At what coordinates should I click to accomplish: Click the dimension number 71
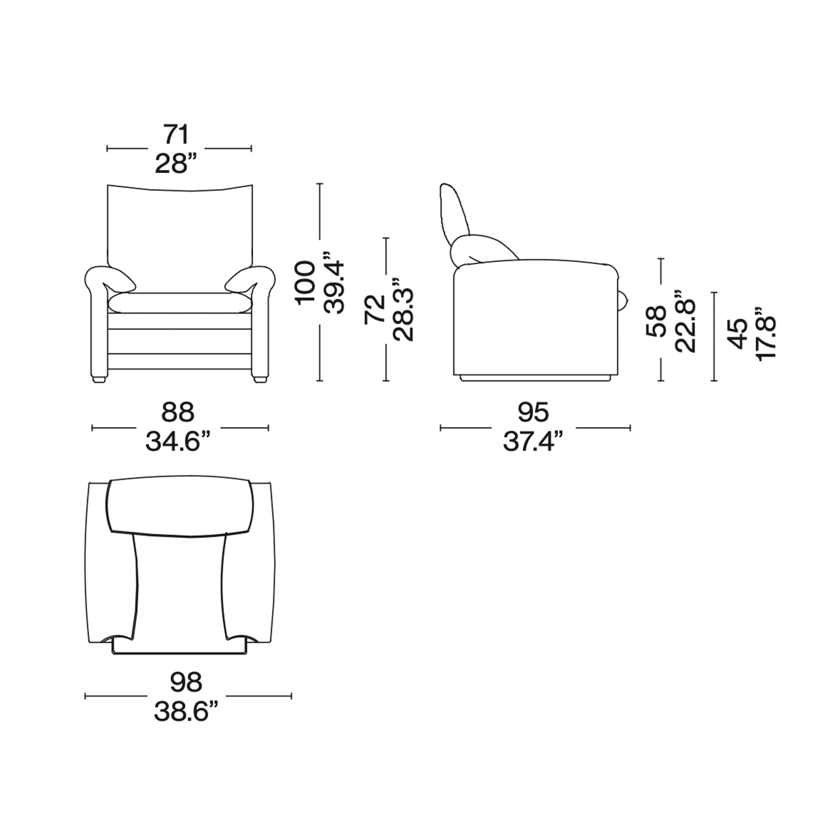point(176,135)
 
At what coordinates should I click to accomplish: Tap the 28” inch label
point(176,163)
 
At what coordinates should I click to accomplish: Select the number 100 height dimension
point(306,282)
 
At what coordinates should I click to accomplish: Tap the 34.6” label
point(178,441)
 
